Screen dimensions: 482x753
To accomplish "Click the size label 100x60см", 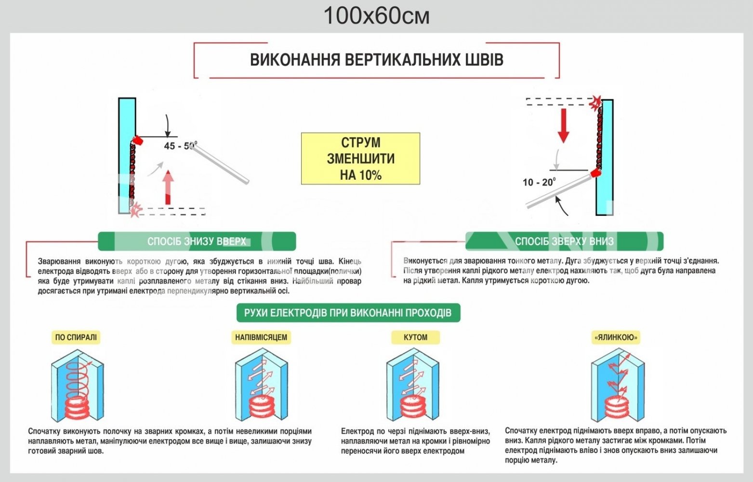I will coord(376,15).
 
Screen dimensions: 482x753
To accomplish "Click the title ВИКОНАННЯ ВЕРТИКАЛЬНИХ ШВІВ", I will coord(376,60).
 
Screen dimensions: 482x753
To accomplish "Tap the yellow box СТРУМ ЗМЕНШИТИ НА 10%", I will coord(360,159).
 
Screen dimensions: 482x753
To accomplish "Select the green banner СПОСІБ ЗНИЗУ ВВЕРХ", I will coord(197,241).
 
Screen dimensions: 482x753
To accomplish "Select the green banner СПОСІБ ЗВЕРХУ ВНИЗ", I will coord(564,241).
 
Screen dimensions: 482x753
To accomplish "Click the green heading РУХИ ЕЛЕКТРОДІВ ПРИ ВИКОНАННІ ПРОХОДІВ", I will coord(348,313).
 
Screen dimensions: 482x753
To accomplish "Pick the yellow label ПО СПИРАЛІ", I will coord(76,337).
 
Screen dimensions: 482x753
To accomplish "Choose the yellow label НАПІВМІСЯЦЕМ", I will coord(261,337).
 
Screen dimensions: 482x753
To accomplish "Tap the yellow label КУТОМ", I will coord(415,337).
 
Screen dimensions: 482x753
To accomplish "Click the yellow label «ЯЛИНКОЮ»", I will coord(616,337).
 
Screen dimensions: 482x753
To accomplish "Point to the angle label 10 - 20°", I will coord(539,182).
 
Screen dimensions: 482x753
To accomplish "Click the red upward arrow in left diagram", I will coord(168,187).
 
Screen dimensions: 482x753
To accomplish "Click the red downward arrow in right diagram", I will coord(563,124).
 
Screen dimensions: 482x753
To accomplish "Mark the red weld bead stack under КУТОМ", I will coord(413,407).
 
